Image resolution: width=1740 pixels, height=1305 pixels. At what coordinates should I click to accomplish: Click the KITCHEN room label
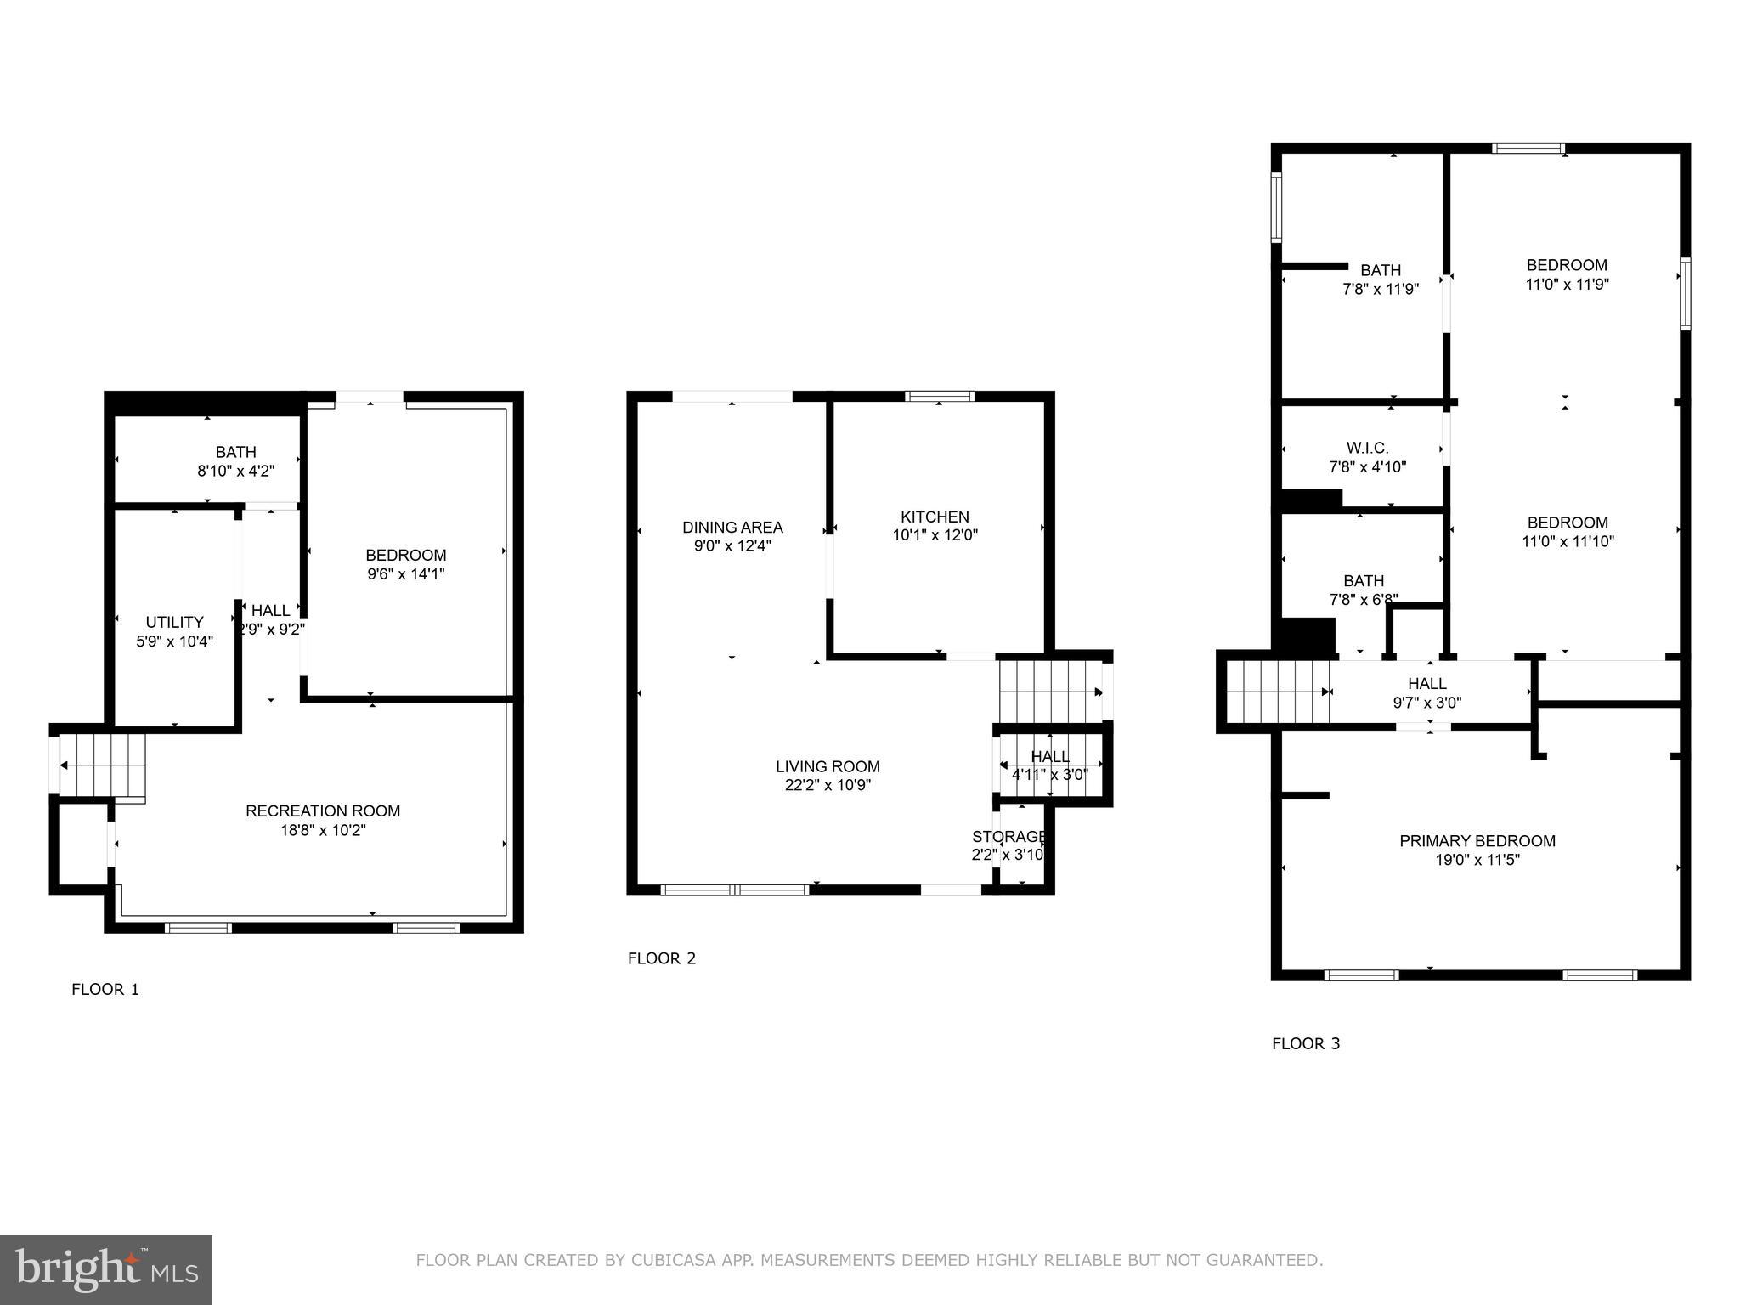coord(935,517)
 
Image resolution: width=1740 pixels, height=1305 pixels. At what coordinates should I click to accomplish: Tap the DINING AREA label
coord(732,528)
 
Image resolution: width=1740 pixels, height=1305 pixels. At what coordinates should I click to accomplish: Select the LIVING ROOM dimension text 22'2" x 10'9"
coord(828,786)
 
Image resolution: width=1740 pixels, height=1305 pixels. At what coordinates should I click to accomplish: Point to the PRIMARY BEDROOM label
coord(1477,841)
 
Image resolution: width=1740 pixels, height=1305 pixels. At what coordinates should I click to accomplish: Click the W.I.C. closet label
coord(1367,448)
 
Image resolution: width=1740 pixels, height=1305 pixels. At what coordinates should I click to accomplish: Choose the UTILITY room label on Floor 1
coord(174,622)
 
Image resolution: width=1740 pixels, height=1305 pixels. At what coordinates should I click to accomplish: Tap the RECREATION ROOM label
coord(323,811)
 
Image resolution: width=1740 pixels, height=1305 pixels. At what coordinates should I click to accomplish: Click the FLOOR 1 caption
coord(105,989)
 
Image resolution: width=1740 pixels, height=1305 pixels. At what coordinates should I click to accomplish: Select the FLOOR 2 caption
coord(662,958)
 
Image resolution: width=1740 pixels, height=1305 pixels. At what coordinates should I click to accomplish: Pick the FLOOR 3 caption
coord(1306,1043)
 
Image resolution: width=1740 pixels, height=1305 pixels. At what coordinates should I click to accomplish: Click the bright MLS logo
coord(106,1270)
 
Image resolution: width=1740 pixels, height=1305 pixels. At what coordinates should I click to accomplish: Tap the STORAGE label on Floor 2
coord(1008,837)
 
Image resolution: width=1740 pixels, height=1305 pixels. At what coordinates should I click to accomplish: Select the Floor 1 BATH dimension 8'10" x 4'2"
coord(236,471)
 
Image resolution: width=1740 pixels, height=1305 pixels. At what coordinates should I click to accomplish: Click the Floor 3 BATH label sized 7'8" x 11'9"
coord(1381,271)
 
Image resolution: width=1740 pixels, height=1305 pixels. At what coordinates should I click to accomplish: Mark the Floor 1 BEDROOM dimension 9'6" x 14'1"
coord(406,574)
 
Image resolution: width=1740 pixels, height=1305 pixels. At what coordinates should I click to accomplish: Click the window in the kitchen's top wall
coord(939,396)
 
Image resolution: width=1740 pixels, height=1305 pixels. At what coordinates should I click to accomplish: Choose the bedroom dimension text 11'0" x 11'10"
coord(1568,541)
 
